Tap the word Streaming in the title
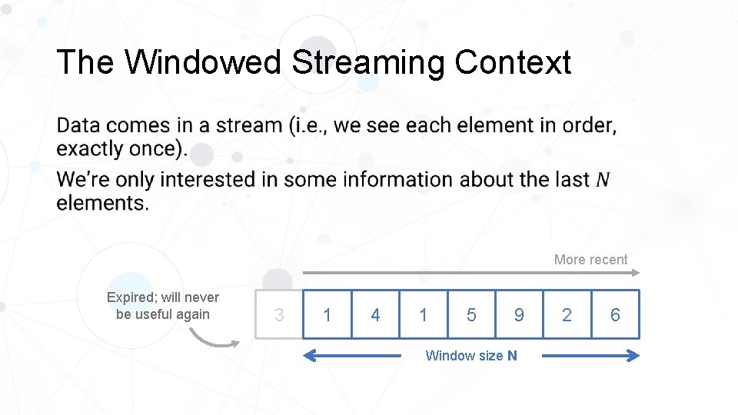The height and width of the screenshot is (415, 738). point(368,62)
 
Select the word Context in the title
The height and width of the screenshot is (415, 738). point(512,62)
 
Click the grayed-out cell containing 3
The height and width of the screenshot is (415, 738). point(279,315)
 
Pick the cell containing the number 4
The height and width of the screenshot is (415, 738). point(375,315)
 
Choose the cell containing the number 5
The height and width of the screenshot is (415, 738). point(471,315)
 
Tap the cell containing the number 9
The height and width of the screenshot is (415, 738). point(519,315)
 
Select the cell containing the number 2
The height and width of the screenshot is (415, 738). point(567,315)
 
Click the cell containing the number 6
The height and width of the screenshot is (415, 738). point(615,315)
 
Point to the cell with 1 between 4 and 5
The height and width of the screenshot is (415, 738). point(424,315)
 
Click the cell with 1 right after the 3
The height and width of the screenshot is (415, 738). point(327,315)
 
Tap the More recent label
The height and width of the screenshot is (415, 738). point(590,260)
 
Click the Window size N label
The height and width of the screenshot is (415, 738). point(471,355)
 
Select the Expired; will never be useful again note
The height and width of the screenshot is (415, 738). point(163,305)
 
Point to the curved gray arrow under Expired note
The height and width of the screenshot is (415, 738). point(211,338)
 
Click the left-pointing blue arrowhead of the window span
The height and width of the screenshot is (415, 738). point(309,355)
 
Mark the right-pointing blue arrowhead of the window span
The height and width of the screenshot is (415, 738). point(633,355)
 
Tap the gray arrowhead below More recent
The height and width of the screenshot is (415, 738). point(635,273)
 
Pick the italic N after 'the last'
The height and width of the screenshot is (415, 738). point(603,179)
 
